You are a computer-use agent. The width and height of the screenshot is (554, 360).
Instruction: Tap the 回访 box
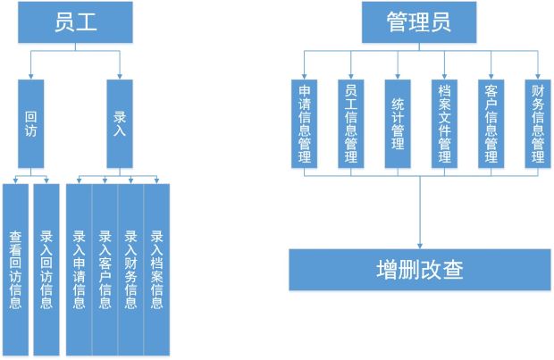31,123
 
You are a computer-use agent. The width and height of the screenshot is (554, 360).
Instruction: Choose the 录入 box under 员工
120,123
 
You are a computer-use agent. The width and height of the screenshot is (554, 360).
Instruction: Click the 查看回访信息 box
16,270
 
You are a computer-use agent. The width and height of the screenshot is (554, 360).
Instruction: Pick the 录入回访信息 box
46,270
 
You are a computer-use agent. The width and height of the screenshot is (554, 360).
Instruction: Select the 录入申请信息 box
79,270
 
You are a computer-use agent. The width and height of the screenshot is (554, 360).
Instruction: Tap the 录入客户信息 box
105,270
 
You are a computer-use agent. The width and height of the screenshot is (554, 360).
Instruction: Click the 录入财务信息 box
130,270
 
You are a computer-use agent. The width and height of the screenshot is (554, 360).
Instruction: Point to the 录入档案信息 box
156,270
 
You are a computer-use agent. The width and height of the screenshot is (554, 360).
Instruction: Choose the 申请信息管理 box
305,123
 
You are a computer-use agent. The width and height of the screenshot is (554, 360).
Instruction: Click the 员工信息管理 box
350,123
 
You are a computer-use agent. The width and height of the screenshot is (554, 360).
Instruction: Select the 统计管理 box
398,123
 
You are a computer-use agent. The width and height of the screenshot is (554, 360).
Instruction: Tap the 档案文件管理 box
444,123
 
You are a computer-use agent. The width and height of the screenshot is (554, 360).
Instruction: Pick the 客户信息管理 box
491,123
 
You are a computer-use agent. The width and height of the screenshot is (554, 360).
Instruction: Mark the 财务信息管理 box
537,123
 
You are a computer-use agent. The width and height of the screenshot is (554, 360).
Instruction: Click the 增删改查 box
420,269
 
